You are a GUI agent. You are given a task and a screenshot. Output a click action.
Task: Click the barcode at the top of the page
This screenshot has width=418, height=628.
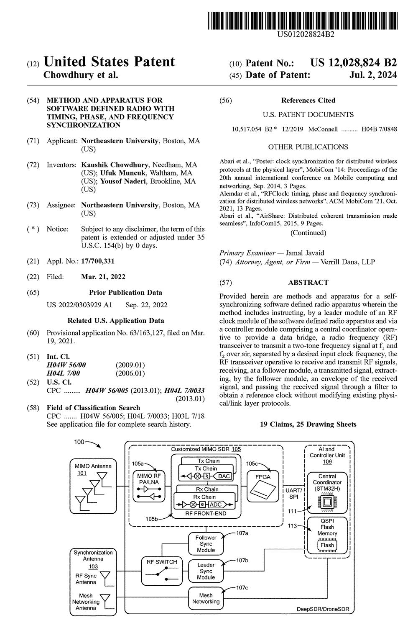pos(302,20)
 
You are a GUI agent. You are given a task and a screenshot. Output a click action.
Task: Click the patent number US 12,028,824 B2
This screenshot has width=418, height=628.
pos(353,63)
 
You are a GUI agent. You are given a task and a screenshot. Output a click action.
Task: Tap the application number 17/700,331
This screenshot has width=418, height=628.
pos(97,261)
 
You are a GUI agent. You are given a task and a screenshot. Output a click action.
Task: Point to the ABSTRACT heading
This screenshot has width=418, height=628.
pos(308,283)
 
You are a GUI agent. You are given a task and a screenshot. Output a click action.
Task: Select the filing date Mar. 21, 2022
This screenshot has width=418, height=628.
pos(103,277)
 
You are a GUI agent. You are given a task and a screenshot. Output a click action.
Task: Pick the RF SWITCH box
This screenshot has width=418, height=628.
pos(162,571)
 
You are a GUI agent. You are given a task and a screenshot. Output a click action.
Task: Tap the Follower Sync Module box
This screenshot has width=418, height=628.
pos(206,543)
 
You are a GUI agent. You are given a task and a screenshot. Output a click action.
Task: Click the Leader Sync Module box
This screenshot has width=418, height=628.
pos(206,571)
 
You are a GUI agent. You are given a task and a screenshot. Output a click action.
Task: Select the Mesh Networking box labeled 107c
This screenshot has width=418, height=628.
pos(206,598)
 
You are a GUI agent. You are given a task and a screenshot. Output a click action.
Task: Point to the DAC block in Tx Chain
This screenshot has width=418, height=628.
pos(224,476)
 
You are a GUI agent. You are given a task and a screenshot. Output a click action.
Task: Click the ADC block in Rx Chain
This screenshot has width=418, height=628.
pos(218,504)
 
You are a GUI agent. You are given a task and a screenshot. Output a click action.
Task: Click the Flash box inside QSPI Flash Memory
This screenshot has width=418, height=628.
pos(327,545)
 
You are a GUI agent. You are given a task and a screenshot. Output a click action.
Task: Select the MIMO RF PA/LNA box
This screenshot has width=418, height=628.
pos(149,486)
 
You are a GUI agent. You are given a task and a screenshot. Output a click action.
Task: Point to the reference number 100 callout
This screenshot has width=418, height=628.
pos(79,442)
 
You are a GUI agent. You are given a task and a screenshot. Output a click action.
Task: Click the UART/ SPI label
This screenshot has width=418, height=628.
pos(293,493)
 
